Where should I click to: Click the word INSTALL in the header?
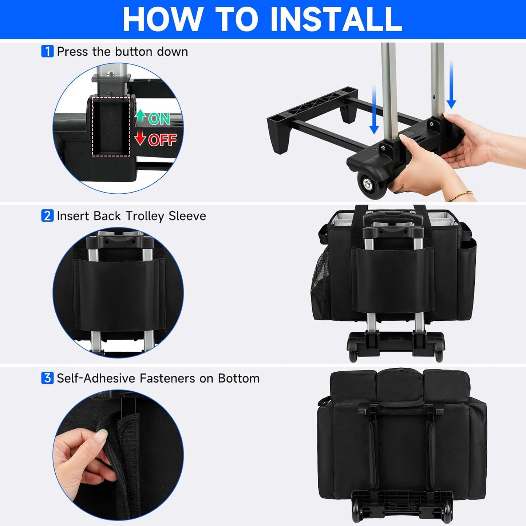pyautogui.click(x=336, y=19)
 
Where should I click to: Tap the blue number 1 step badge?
pyautogui.click(x=47, y=51)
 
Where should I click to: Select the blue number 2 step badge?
pyautogui.click(x=47, y=215)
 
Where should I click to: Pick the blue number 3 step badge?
pyautogui.click(x=47, y=378)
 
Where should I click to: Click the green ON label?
pyautogui.click(x=159, y=119)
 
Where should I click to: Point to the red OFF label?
pyautogui.click(x=162, y=140)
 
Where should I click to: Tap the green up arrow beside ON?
pyautogui.click(x=141, y=116)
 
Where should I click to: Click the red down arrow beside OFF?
pyautogui.click(x=140, y=138)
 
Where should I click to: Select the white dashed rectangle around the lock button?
pyautogui.click(x=111, y=126)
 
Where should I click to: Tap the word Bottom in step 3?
pyautogui.click(x=239, y=378)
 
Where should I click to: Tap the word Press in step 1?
pyautogui.click(x=72, y=51)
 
